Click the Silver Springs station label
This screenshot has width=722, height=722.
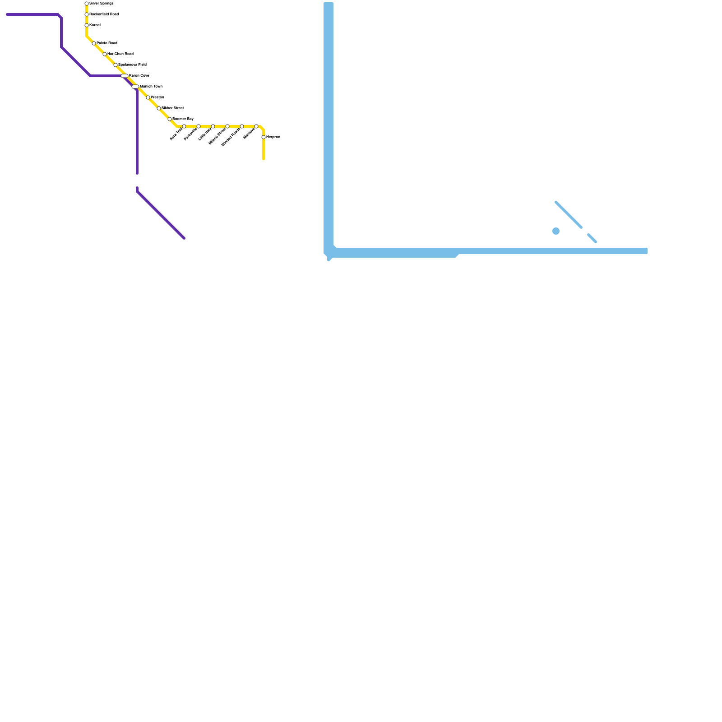coord(102,4)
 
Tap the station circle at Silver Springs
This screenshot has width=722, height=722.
coord(87,4)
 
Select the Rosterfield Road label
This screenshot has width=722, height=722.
coord(104,14)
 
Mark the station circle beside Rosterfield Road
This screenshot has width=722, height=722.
coord(87,14)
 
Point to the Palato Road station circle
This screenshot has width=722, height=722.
coord(94,43)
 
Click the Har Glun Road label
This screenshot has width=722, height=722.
coord(120,54)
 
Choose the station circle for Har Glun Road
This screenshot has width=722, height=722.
coord(105,54)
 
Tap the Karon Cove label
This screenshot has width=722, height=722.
coord(139,76)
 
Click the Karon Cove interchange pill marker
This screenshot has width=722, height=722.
coord(125,76)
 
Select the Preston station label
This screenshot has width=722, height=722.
coord(157,97)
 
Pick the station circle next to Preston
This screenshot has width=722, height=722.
coord(148,97)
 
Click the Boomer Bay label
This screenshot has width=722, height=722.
coord(183,119)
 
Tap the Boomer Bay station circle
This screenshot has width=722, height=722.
coord(170,119)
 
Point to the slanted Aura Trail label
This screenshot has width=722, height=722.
coord(176,134)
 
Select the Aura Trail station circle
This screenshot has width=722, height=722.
coord(184,126)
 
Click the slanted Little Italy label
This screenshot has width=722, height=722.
coord(205,134)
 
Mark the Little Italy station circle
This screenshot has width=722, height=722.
coord(213,126)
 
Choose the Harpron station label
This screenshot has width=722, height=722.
coord(273,137)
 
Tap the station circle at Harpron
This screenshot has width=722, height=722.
coord(264,137)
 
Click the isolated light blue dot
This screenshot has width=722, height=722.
coord(556,231)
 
